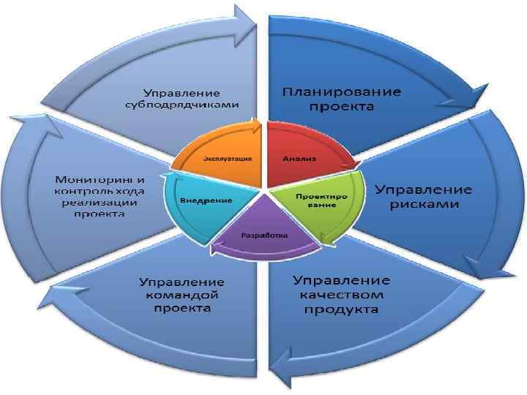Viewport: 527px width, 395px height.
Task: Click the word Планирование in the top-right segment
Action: (342, 93)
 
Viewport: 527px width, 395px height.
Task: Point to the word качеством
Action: (341, 296)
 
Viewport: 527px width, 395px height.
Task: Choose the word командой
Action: (182, 296)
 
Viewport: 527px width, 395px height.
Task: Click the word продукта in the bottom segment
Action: (341, 310)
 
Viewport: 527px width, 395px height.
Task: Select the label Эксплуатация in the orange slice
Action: (228, 159)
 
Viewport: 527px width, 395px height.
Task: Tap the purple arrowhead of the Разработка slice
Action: (216, 249)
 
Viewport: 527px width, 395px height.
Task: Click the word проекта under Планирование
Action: (341, 108)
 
